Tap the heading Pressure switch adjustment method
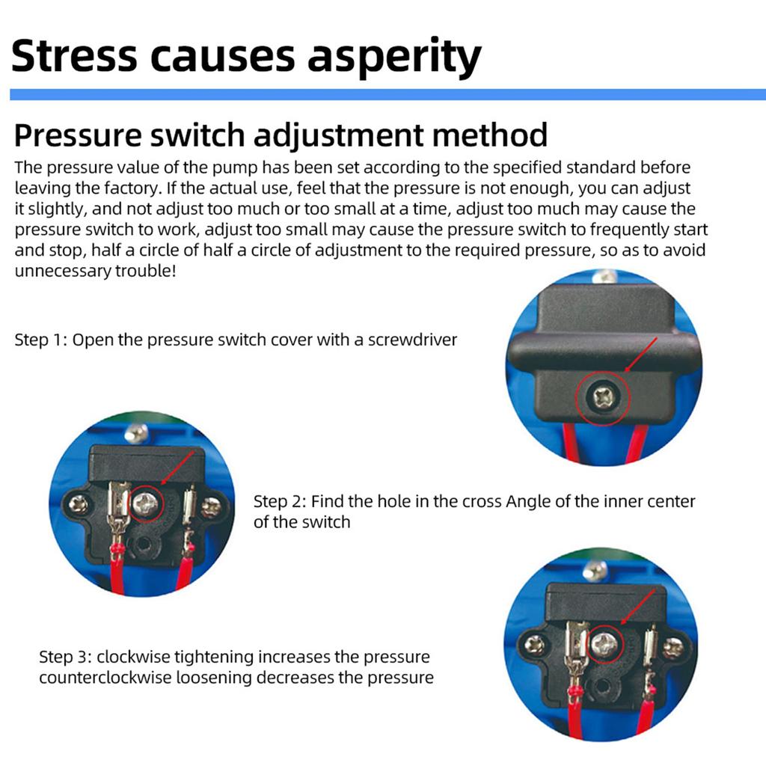(x=281, y=135)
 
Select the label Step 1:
(x=41, y=340)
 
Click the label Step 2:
(x=280, y=501)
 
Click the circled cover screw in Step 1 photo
(x=603, y=396)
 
